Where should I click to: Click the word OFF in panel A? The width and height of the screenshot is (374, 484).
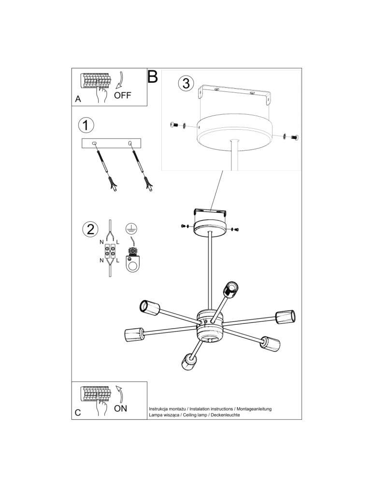123,95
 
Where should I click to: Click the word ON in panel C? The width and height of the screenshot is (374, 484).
121,408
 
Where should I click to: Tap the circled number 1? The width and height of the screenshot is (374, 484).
86,125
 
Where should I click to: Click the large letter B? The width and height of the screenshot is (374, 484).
153,76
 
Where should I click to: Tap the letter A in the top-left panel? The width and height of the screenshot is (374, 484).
78,99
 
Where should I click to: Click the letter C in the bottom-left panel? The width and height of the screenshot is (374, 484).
78,413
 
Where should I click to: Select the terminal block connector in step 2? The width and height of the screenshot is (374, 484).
110,251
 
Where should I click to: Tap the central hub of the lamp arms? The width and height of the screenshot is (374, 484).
210,325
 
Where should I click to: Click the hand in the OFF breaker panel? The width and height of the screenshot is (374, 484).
101,93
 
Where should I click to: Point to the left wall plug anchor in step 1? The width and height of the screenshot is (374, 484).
113,184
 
